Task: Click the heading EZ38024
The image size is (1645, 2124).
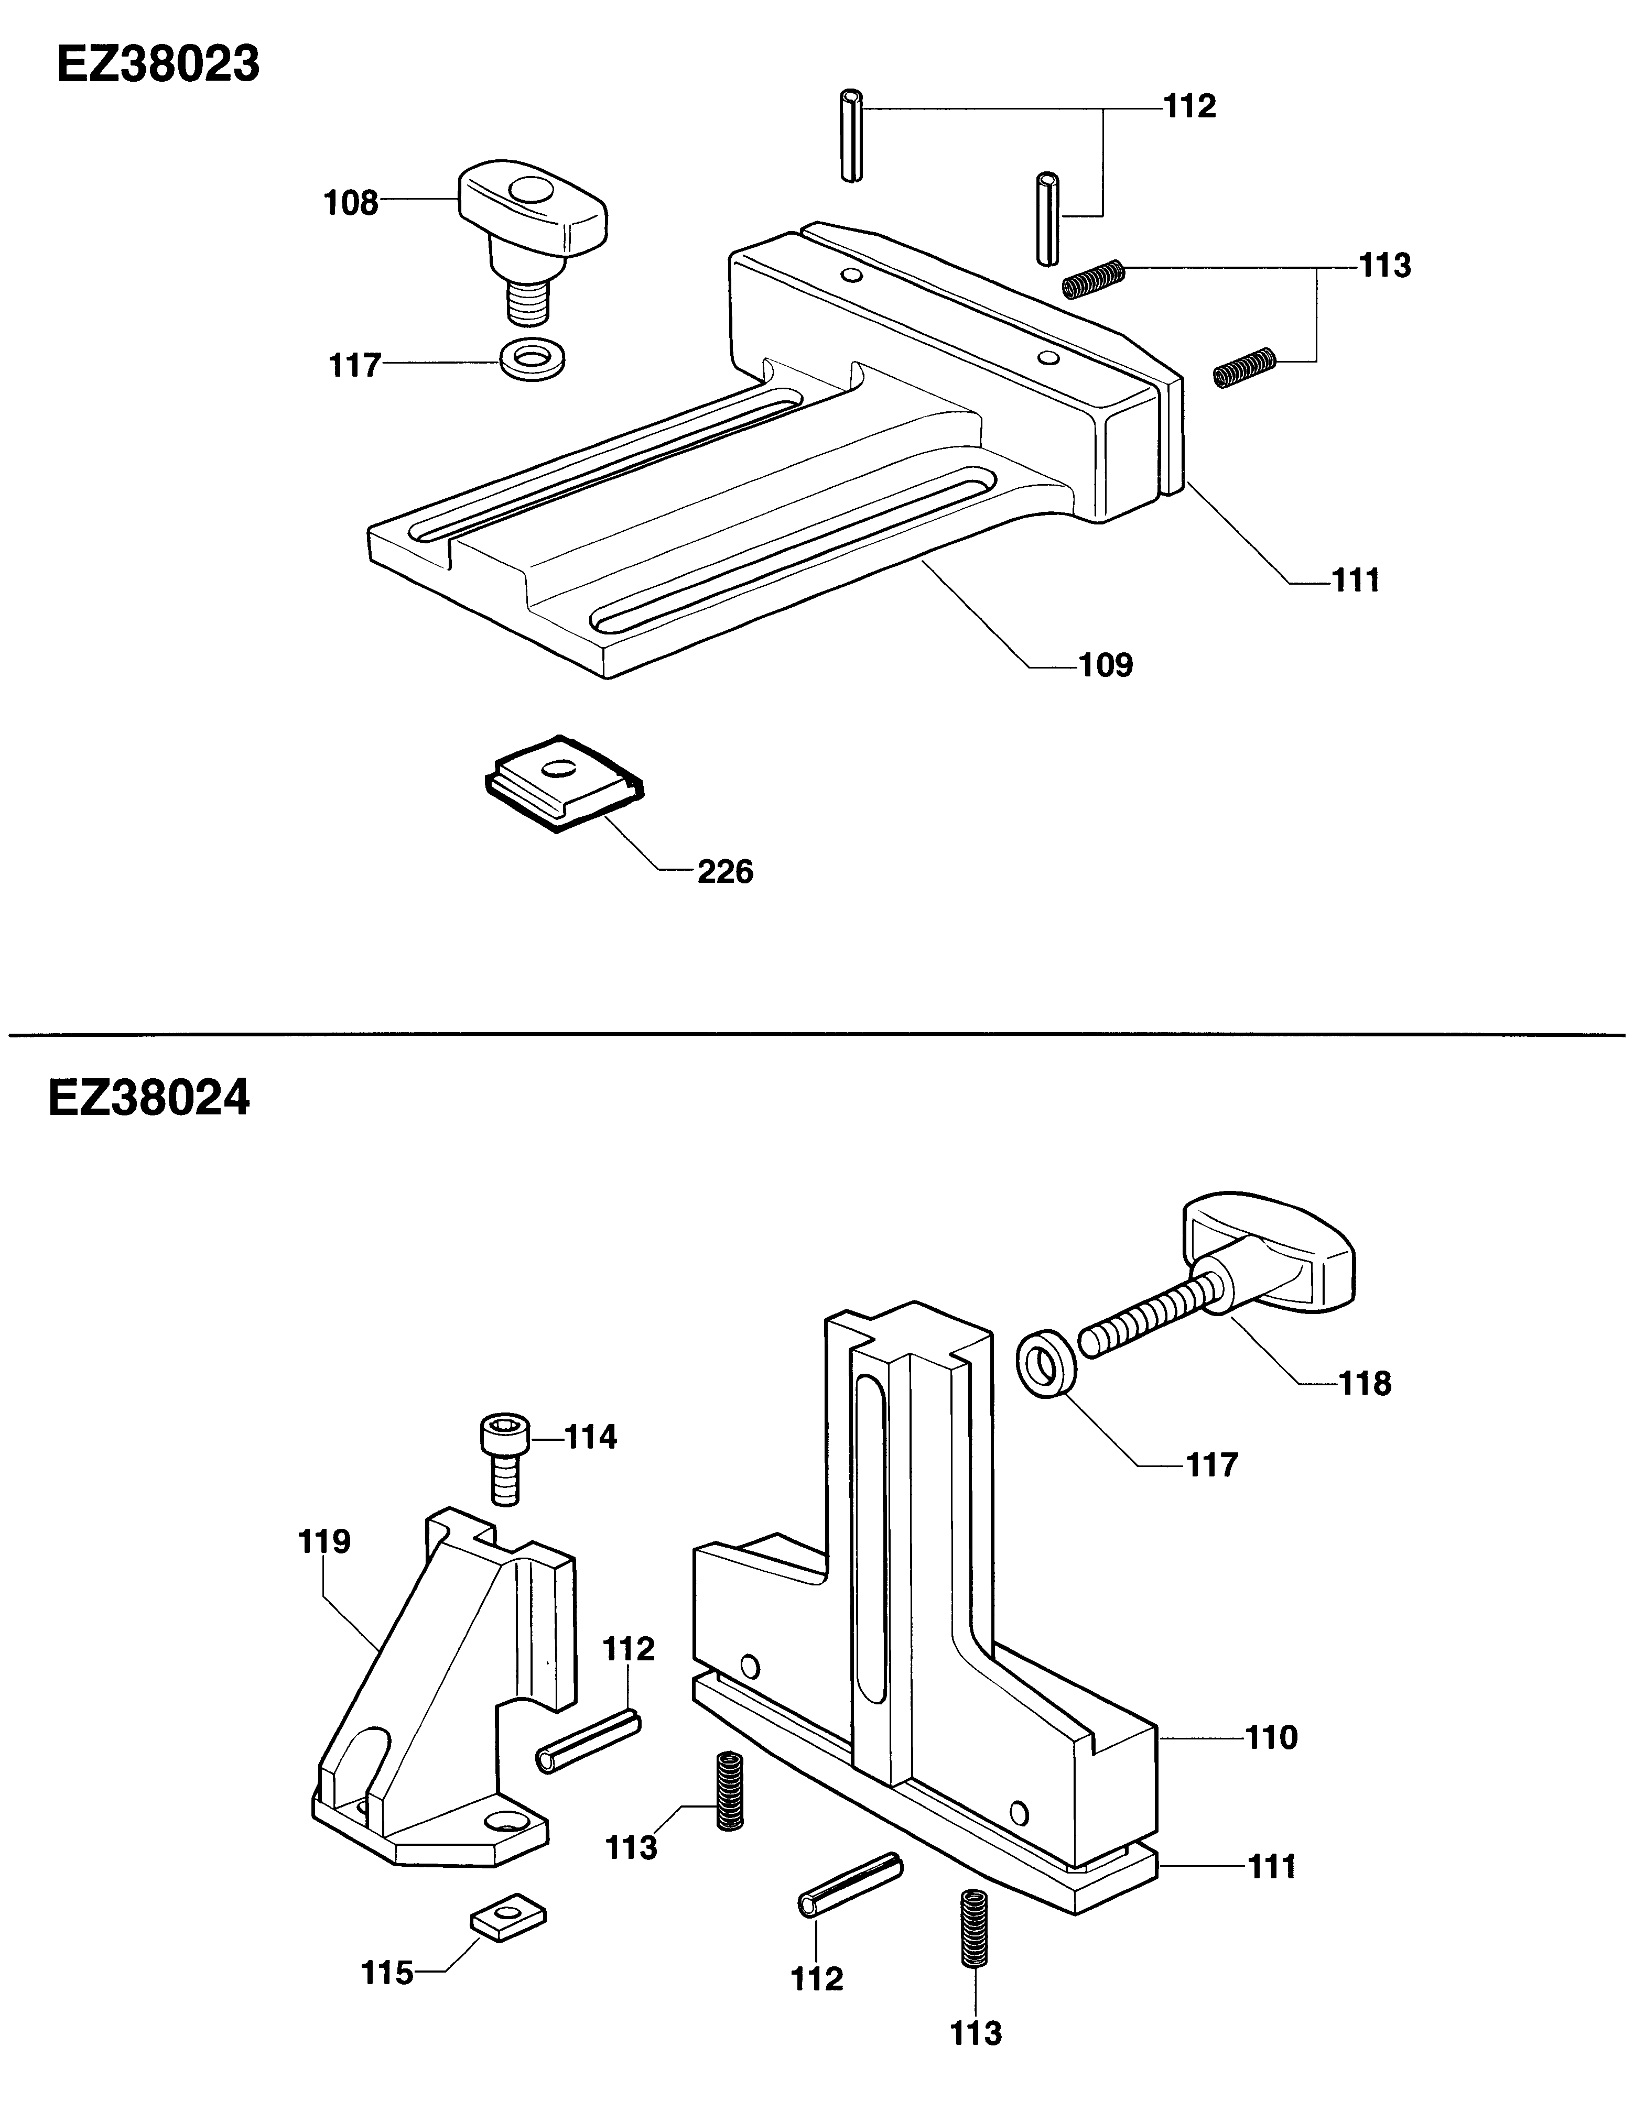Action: click(x=149, y=1099)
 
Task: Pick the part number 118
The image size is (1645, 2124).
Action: click(x=1365, y=1383)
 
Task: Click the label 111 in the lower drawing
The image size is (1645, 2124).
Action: click(x=1271, y=1867)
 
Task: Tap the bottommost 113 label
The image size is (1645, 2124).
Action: click(x=976, y=2033)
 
